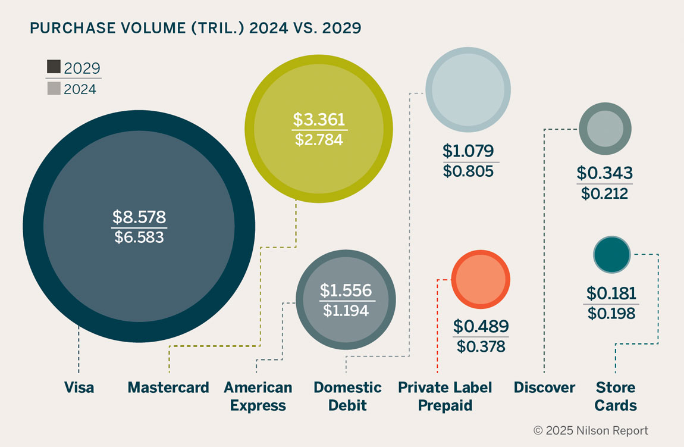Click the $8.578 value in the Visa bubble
coord(139,217)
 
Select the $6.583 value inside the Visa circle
coord(139,237)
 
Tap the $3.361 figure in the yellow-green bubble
coord(319,120)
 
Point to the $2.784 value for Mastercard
coord(319,140)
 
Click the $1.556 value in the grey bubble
coord(346,290)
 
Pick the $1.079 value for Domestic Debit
coord(468,151)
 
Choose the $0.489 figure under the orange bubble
coord(481,326)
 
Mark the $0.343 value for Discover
coord(604,173)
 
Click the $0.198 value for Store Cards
coord(611,313)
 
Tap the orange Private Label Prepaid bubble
coord(481,279)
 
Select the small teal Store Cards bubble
coord(611,255)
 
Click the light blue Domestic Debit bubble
coord(468,89)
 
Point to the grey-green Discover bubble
coord(605,129)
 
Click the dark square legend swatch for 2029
coord(54,67)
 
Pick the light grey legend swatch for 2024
coord(54,89)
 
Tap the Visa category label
coord(79,388)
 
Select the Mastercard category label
coord(168,388)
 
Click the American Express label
coord(258,396)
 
